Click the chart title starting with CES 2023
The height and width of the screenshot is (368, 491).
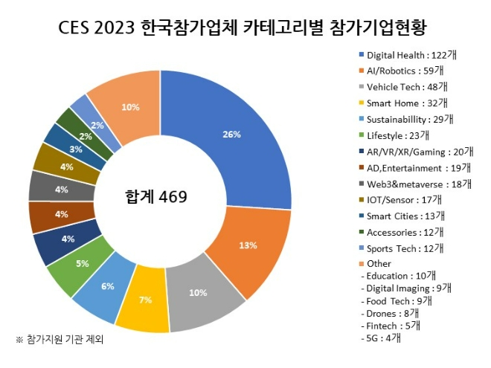click(246, 28)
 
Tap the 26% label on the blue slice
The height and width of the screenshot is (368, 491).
click(231, 135)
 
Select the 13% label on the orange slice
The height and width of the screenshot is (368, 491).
click(248, 245)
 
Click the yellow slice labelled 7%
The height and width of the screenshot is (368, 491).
click(144, 299)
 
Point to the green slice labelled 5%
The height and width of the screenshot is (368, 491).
click(82, 263)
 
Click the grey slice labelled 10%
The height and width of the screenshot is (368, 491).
click(198, 292)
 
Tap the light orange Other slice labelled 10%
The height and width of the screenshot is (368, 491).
click(130, 107)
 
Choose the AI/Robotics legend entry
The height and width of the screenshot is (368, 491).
click(405, 71)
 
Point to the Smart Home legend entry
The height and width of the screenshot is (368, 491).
click(405, 103)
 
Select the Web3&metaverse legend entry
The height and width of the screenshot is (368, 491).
click(414, 184)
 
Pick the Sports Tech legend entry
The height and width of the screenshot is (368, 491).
click(405, 248)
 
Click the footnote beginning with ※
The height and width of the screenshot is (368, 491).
click(59, 340)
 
